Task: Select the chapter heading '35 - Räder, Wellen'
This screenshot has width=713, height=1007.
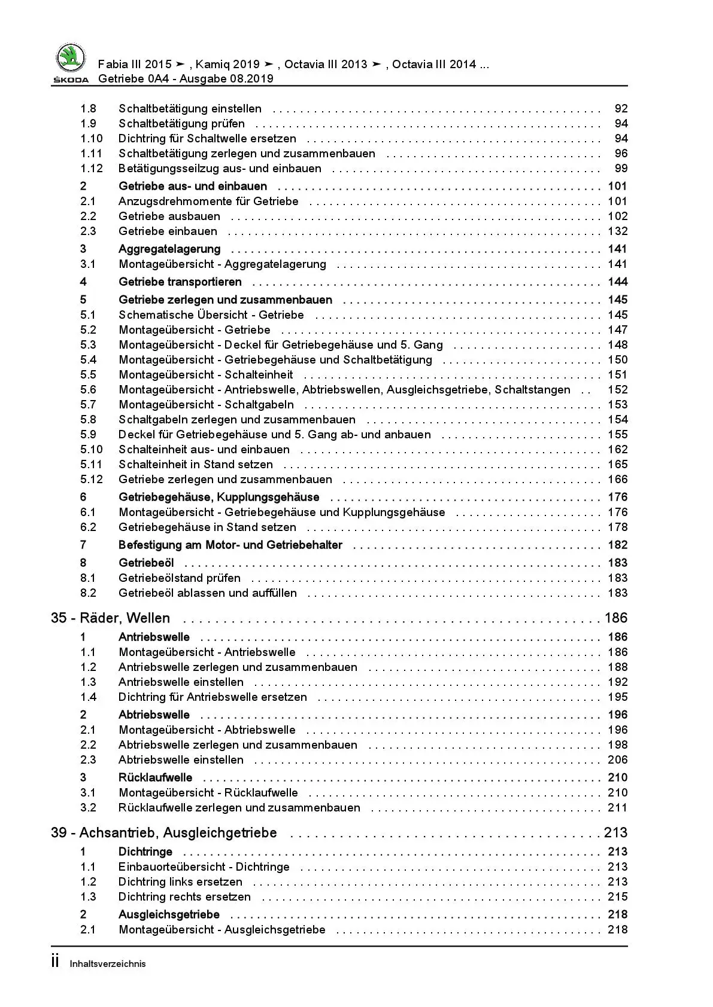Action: coord(110,618)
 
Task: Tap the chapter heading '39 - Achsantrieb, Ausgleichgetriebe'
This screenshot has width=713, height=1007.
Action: coord(163,832)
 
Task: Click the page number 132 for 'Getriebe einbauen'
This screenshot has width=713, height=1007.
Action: coord(617,231)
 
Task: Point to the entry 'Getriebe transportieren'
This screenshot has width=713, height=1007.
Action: coord(180,282)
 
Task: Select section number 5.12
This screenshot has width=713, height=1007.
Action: coord(92,479)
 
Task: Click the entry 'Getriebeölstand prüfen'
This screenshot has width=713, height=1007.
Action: coord(179,578)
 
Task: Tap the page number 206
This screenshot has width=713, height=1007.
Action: coord(617,759)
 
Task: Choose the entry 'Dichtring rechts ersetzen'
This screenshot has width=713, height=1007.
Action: coord(184,896)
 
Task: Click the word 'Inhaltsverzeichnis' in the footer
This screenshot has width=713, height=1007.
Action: coord(108,963)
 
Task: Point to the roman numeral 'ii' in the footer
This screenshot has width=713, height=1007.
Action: coord(55,962)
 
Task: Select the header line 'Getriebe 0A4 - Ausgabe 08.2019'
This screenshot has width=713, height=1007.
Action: coord(186,78)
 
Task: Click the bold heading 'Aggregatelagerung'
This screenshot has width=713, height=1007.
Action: coord(169,249)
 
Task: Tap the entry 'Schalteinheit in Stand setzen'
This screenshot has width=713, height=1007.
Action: coord(195,464)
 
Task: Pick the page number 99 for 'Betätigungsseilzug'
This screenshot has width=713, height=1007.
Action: coord(621,169)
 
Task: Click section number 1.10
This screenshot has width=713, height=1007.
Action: coord(92,139)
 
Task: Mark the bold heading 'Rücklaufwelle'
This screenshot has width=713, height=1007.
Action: coord(155,777)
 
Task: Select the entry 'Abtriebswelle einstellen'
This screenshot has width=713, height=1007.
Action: coord(181,759)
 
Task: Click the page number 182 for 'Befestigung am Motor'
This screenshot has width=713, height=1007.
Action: coord(617,545)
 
